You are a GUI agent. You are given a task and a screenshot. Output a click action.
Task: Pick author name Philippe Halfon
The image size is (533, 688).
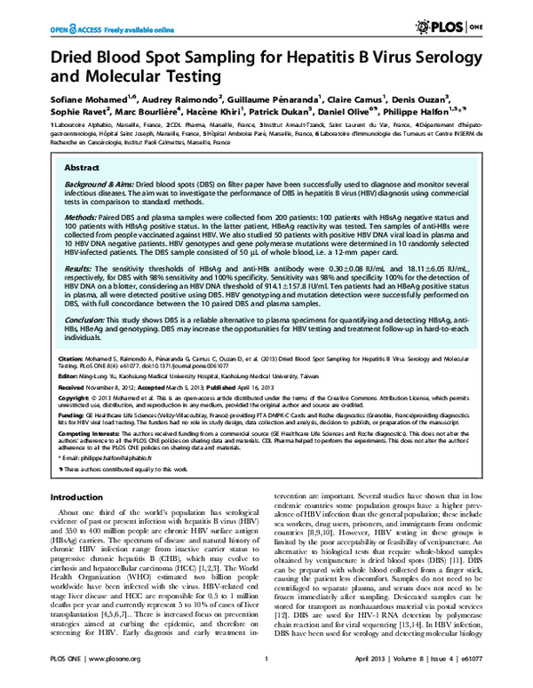click(x=443, y=111)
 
